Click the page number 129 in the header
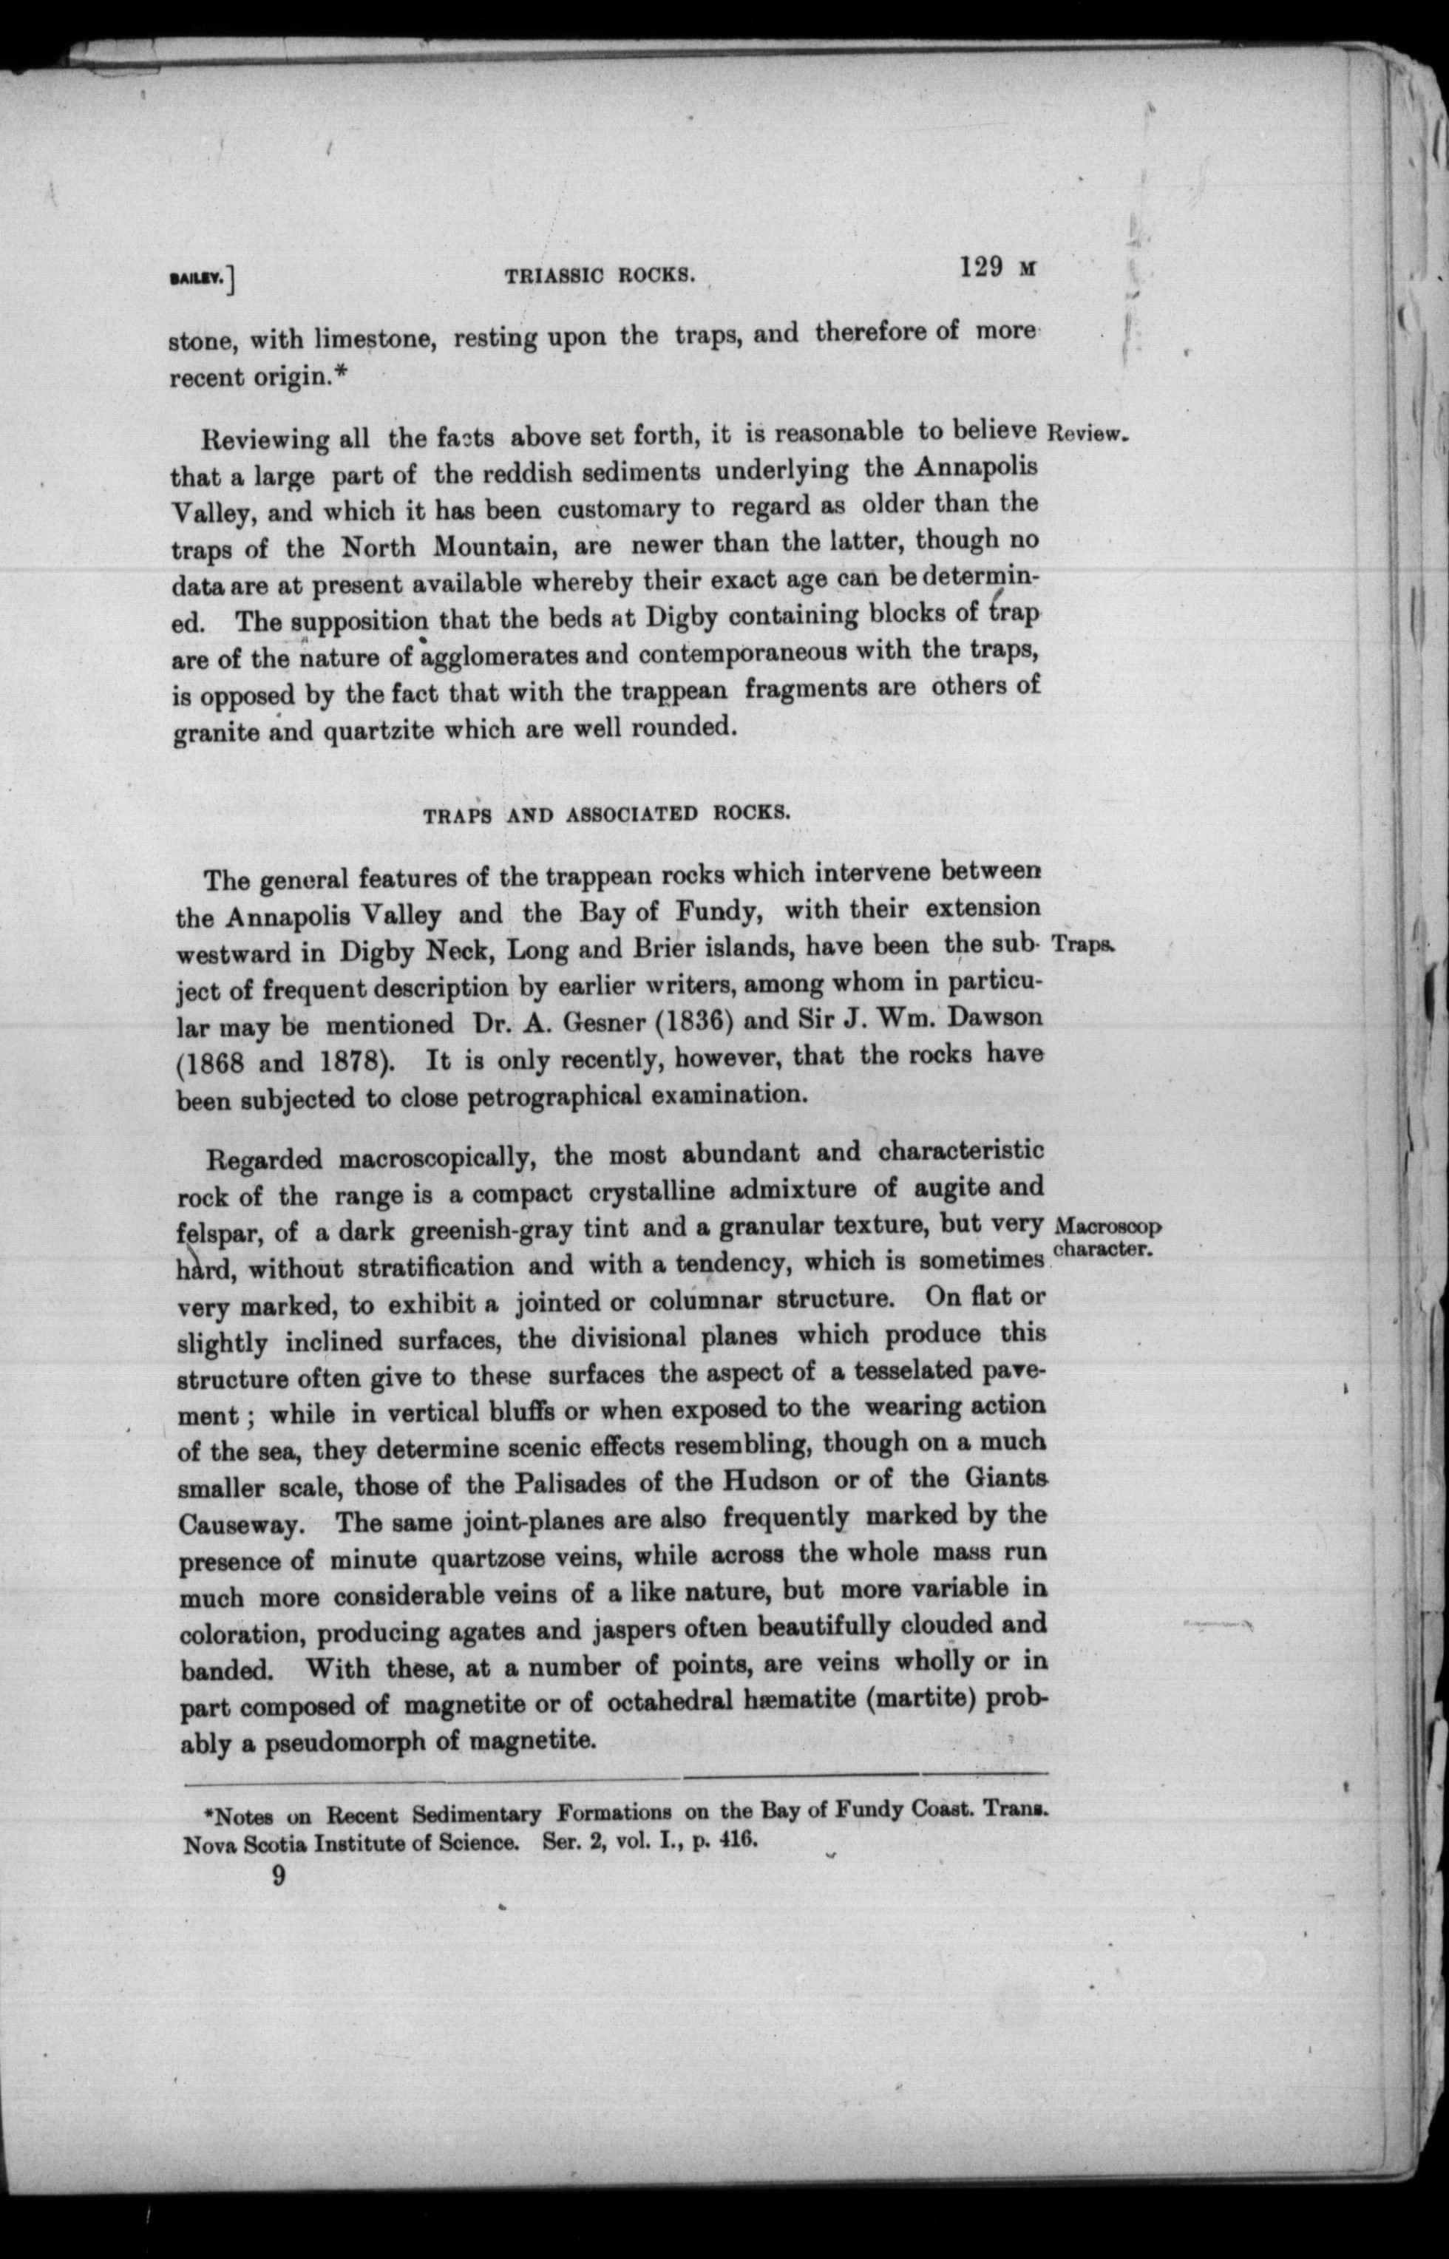[983, 268]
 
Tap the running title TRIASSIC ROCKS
[600, 276]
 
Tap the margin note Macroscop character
[1107, 1237]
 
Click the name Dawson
[997, 1017]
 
